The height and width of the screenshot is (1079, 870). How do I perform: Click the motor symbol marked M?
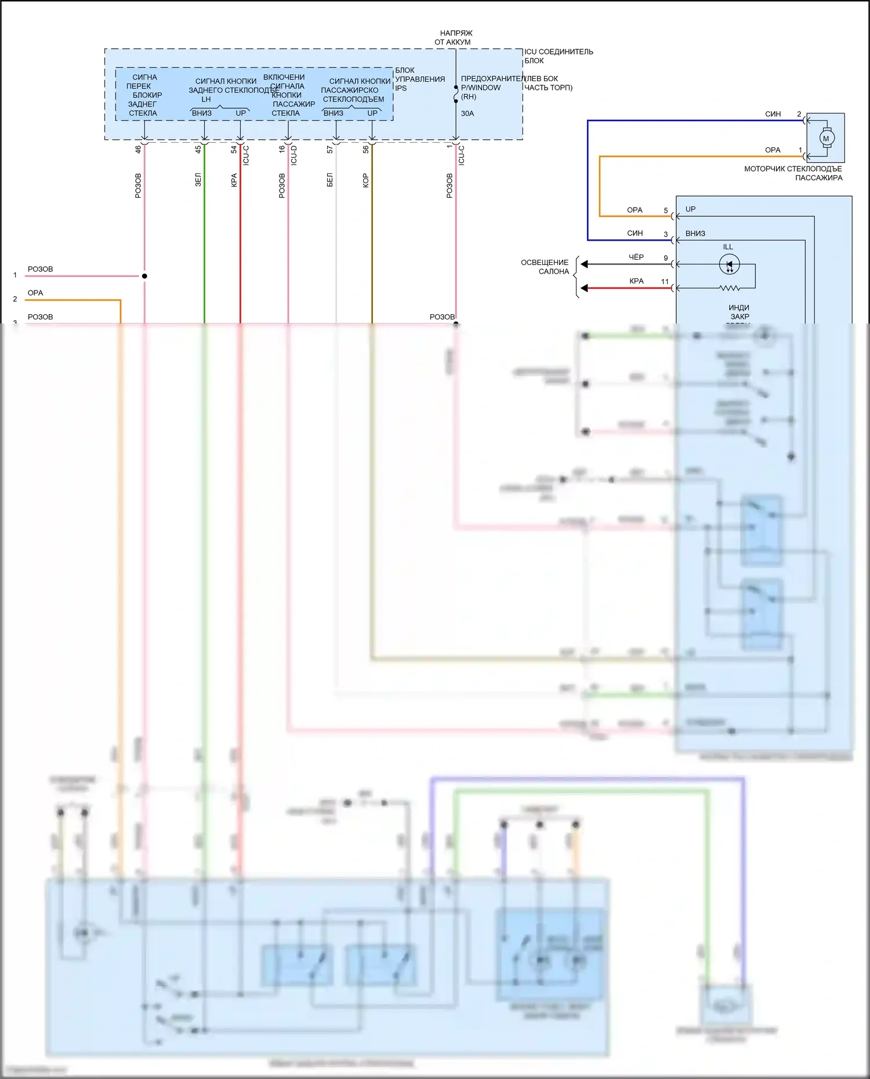click(x=826, y=138)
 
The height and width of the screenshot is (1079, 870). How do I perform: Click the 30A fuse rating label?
click(x=467, y=114)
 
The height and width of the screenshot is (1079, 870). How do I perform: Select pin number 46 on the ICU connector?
click(x=138, y=149)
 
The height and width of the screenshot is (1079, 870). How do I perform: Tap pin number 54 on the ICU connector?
click(x=234, y=149)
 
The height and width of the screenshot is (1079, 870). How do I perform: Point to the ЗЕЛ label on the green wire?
click(x=198, y=180)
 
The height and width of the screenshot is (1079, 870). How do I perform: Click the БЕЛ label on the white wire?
click(x=329, y=180)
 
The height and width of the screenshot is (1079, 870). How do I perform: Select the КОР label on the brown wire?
click(x=365, y=181)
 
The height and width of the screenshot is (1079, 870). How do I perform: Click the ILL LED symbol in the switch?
click(x=729, y=264)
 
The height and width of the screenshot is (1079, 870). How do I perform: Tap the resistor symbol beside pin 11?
click(x=730, y=288)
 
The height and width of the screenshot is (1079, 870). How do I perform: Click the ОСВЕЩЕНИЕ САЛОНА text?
click(x=545, y=267)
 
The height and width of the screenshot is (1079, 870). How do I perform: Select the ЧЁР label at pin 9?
click(x=636, y=257)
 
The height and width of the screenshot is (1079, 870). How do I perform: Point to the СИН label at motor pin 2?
click(x=773, y=114)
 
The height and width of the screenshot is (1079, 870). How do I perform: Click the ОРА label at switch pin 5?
click(x=635, y=210)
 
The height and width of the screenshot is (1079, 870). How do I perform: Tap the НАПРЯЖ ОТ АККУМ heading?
click(x=455, y=38)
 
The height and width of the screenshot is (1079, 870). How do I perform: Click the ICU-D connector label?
click(x=294, y=155)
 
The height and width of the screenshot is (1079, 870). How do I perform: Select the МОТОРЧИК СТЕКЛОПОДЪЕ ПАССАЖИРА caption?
click(x=793, y=173)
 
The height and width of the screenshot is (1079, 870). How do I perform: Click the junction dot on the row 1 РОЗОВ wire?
click(x=144, y=276)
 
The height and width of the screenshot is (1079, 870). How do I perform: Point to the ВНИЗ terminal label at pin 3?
click(x=695, y=234)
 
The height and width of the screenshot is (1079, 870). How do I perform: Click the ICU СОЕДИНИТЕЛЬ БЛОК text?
click(x=558, y=56)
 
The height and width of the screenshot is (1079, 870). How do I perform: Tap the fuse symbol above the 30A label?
click(x=456, y=94)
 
